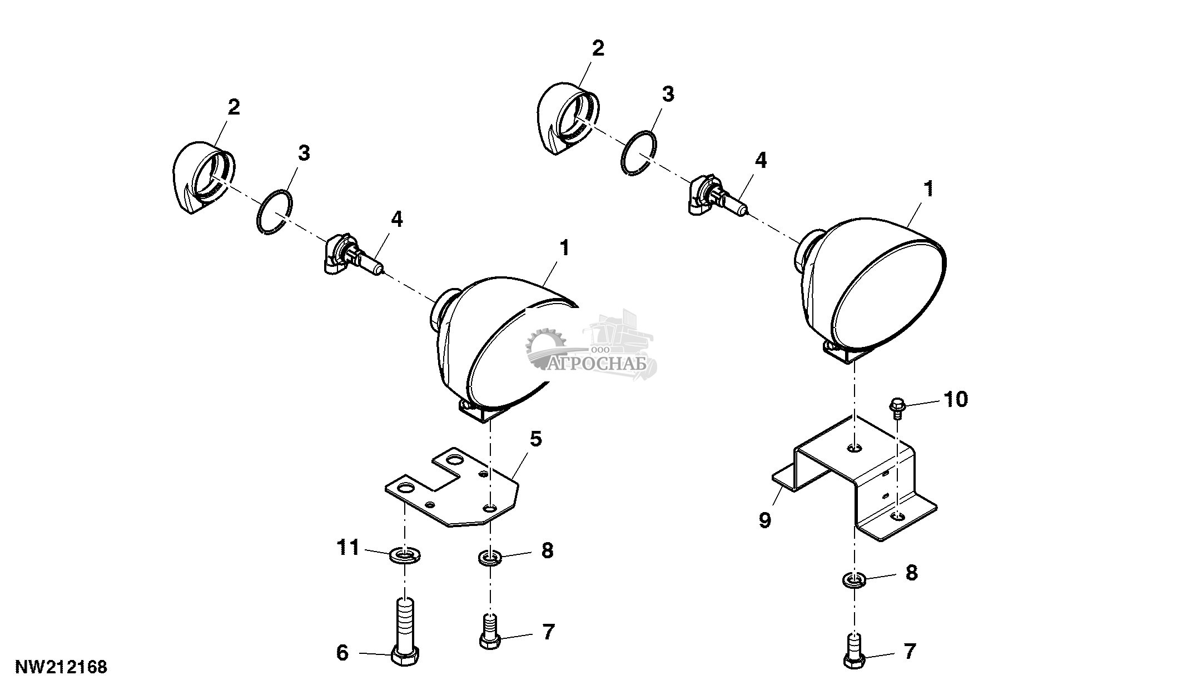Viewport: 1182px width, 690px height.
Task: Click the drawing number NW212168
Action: (61, 667)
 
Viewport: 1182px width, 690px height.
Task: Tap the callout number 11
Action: (349, 547)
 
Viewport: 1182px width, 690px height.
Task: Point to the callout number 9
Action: (764, 520)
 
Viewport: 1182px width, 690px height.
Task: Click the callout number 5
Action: (535, 439)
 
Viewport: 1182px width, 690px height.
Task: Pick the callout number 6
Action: (342, 653)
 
